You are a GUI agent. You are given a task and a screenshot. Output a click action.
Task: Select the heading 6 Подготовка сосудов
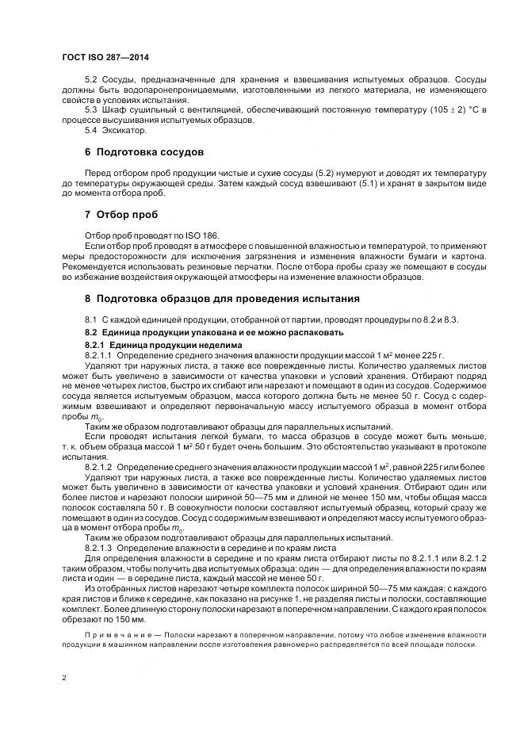pyautogui.click(x=144, y=151)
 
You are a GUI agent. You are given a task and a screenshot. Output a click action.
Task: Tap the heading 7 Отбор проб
pyautogui.click(x=121, y=214)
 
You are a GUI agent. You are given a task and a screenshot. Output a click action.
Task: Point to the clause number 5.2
pyautogui.click(x=90, y=81)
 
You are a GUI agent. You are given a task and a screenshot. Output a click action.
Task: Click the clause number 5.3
pyautogui.click(x=90, y=109)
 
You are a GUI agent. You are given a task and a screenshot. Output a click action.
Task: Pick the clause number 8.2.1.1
pyautogui.click(x=98, y=355)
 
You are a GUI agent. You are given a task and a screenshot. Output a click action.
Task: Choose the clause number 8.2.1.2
pyautogui.click(x=98, y=469)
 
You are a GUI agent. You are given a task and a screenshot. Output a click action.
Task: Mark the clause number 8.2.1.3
pyautogui.click(x=98, y=549)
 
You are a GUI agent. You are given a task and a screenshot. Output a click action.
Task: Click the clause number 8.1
pyautogui.click(x=90, y=319)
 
